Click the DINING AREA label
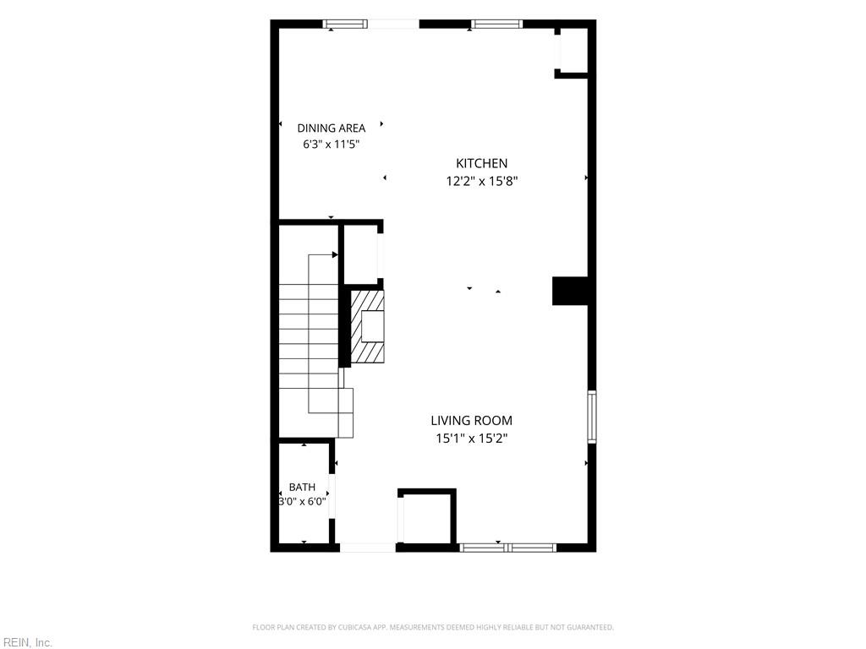[332, 128]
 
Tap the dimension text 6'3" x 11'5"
[332, 145]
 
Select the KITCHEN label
[481, 163]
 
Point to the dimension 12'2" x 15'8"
[481, 181]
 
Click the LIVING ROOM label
[472, 421]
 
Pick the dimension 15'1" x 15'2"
[472, 439]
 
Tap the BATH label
[302, 488]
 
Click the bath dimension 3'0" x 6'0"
[302, 502]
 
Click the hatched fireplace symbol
[368, 327]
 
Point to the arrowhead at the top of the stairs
[335, 254]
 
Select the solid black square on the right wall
[571, 291]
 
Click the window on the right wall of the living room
[591, 417]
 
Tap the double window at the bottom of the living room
[507, 548]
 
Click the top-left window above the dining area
[345, 24]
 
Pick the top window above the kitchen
[496, 24]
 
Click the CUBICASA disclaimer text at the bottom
[433, 628]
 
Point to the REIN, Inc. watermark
[26, 642]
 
